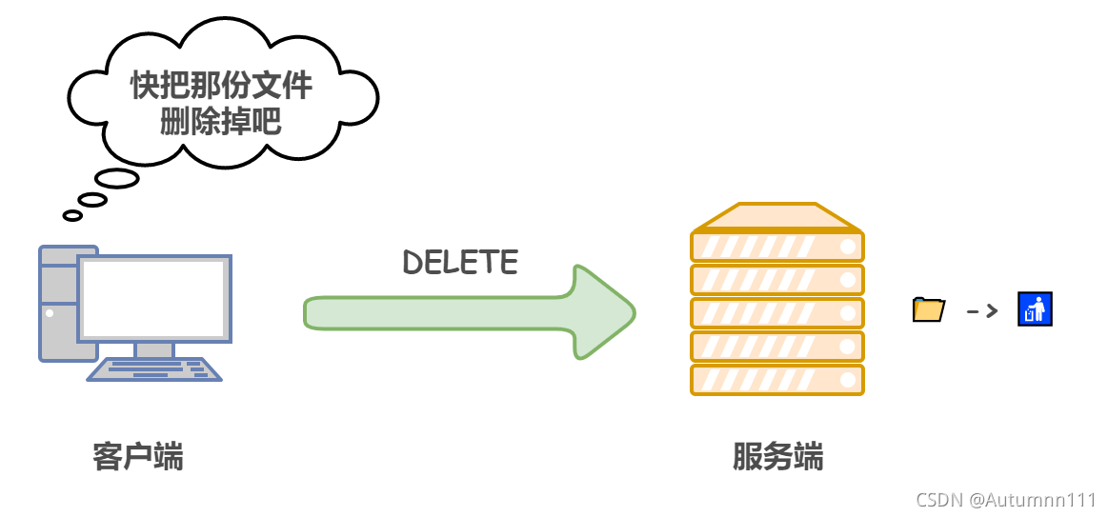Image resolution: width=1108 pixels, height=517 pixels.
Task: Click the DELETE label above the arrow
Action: [x=460, y=263]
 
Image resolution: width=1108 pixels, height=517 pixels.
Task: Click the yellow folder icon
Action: [x=928, y=309]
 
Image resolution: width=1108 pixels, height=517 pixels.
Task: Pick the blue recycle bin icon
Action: [x=1034, y=309]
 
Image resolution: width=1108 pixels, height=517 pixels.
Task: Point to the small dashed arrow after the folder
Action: [x=981, y=310]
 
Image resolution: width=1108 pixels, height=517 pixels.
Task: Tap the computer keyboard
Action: [x=154, y=369]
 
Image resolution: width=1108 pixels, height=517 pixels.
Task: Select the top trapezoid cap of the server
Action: [x=776, y=217]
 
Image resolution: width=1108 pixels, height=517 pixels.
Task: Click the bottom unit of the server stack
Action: [x=776, y=380]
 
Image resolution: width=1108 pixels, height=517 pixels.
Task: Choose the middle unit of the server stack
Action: [x=776, y=313]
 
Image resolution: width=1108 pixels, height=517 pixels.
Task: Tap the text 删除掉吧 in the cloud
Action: [x=221, y=122]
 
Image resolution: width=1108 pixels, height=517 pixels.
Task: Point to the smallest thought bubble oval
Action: [x=72, y=215]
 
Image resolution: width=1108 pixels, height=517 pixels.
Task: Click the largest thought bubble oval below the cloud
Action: [x=117, y=179]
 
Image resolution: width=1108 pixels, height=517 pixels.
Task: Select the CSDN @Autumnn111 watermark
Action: [x=1005, y=499]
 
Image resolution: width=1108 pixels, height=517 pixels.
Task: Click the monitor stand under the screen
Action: [x=153, y=349]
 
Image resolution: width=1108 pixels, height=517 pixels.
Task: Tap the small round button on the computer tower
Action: [x=50, y=312]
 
